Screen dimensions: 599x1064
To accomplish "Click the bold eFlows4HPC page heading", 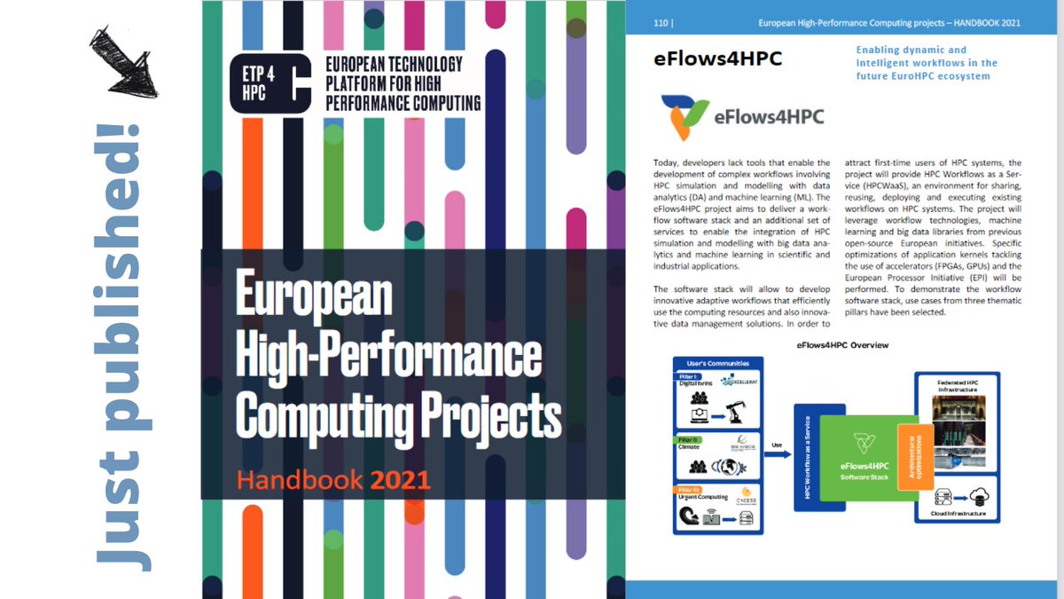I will click(x=717, y=60).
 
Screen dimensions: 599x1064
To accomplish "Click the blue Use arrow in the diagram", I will click(x=776, y=453).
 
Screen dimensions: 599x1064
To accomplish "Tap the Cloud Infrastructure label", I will click(x=957, y=537).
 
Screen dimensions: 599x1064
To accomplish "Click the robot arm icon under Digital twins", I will click(x=736, y=412).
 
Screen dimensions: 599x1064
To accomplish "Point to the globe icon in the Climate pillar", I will click(x=734, y=468).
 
